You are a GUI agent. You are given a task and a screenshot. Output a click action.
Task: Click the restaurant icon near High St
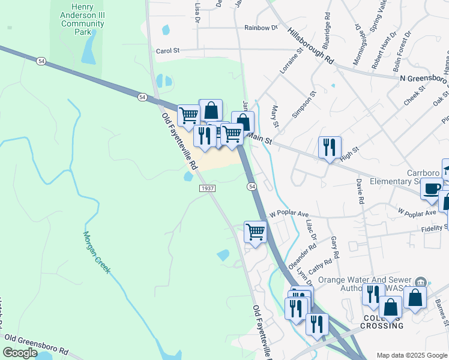[330, 147]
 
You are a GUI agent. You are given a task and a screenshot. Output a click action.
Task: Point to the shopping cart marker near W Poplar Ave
[256, 232]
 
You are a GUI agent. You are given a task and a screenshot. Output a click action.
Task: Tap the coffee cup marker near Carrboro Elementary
[432, 188]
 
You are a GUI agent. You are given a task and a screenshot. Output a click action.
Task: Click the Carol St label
[168, 51]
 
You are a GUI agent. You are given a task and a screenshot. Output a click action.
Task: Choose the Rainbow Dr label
[261, 28]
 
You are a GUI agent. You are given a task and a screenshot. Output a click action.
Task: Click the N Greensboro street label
[424, 78]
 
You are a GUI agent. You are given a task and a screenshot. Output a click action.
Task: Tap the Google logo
[20, 353]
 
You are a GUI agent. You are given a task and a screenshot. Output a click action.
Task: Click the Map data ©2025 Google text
[411, 355]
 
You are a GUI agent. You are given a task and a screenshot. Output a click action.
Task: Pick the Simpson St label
[304, 106]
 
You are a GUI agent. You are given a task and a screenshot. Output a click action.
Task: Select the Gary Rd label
[335, 248]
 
